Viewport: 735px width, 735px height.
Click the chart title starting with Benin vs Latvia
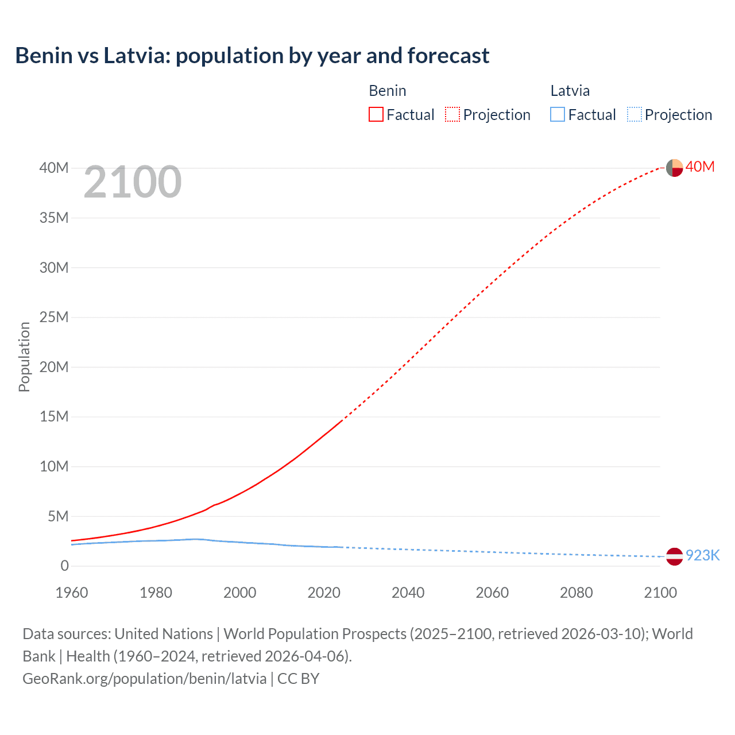[x=252, y=56]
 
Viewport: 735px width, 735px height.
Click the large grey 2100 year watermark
[x=133, y=183]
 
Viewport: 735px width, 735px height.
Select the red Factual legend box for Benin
[x=376, y=115]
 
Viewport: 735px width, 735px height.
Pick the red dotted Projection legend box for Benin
[x=452, y=115]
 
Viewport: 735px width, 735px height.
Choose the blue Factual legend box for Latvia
[x=558, y=115]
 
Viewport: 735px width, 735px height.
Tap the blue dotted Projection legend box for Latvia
[x=635, y=115]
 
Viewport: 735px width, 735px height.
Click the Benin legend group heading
[x=388, y=91]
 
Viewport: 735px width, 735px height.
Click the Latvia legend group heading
[x=570, y=91]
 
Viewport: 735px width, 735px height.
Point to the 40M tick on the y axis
[x=54, y=168]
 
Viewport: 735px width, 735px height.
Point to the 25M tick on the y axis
[x=54, y=317]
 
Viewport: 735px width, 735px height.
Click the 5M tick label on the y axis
[x=58, y=516]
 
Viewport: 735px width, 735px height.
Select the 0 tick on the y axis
[x=64, y=566]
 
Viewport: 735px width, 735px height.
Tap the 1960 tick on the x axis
[x=72, y=593]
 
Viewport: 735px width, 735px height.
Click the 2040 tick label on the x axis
[x=408, y=593]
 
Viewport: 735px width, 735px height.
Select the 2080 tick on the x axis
[x=577, y=593]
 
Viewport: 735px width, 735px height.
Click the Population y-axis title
[x=24, y=357]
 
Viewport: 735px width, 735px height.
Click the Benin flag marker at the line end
[x=674, y=168]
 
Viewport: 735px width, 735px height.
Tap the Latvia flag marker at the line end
[x=674, y=556]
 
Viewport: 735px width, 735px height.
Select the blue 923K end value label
[x=702, y=555]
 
